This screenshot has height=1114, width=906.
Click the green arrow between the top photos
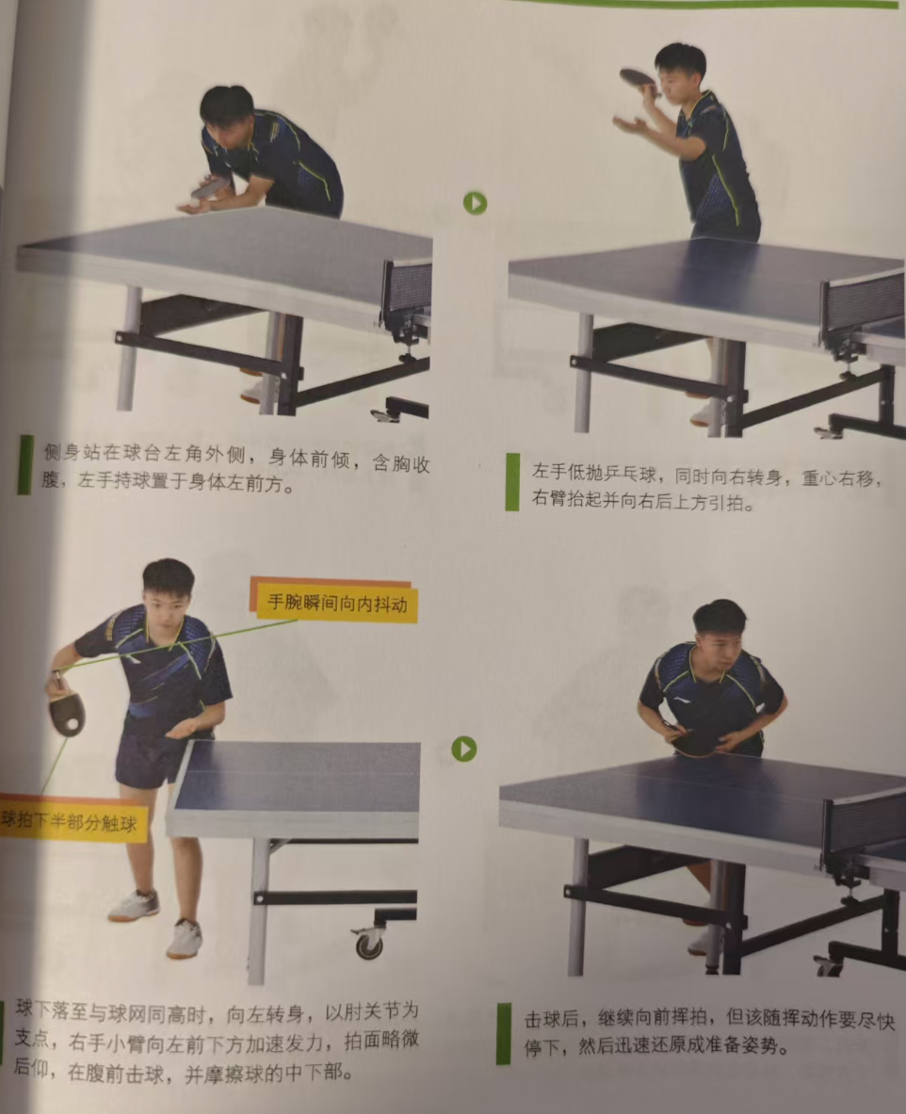point(475,203)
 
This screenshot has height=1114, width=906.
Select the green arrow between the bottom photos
point(464,748)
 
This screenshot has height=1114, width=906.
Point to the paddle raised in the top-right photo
point(639,78)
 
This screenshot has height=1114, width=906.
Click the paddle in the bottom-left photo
point(67,714)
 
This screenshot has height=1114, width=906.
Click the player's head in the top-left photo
point(227,115)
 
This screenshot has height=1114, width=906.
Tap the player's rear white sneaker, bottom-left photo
point(134,906)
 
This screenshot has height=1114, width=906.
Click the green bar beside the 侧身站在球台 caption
point(24,464)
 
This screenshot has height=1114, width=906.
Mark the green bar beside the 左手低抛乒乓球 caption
point(512,482)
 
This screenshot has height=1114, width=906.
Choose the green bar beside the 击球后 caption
point(503,1033)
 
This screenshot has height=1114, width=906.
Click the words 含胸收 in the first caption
point(401,462)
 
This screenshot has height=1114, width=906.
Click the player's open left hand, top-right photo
point(630,125)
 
